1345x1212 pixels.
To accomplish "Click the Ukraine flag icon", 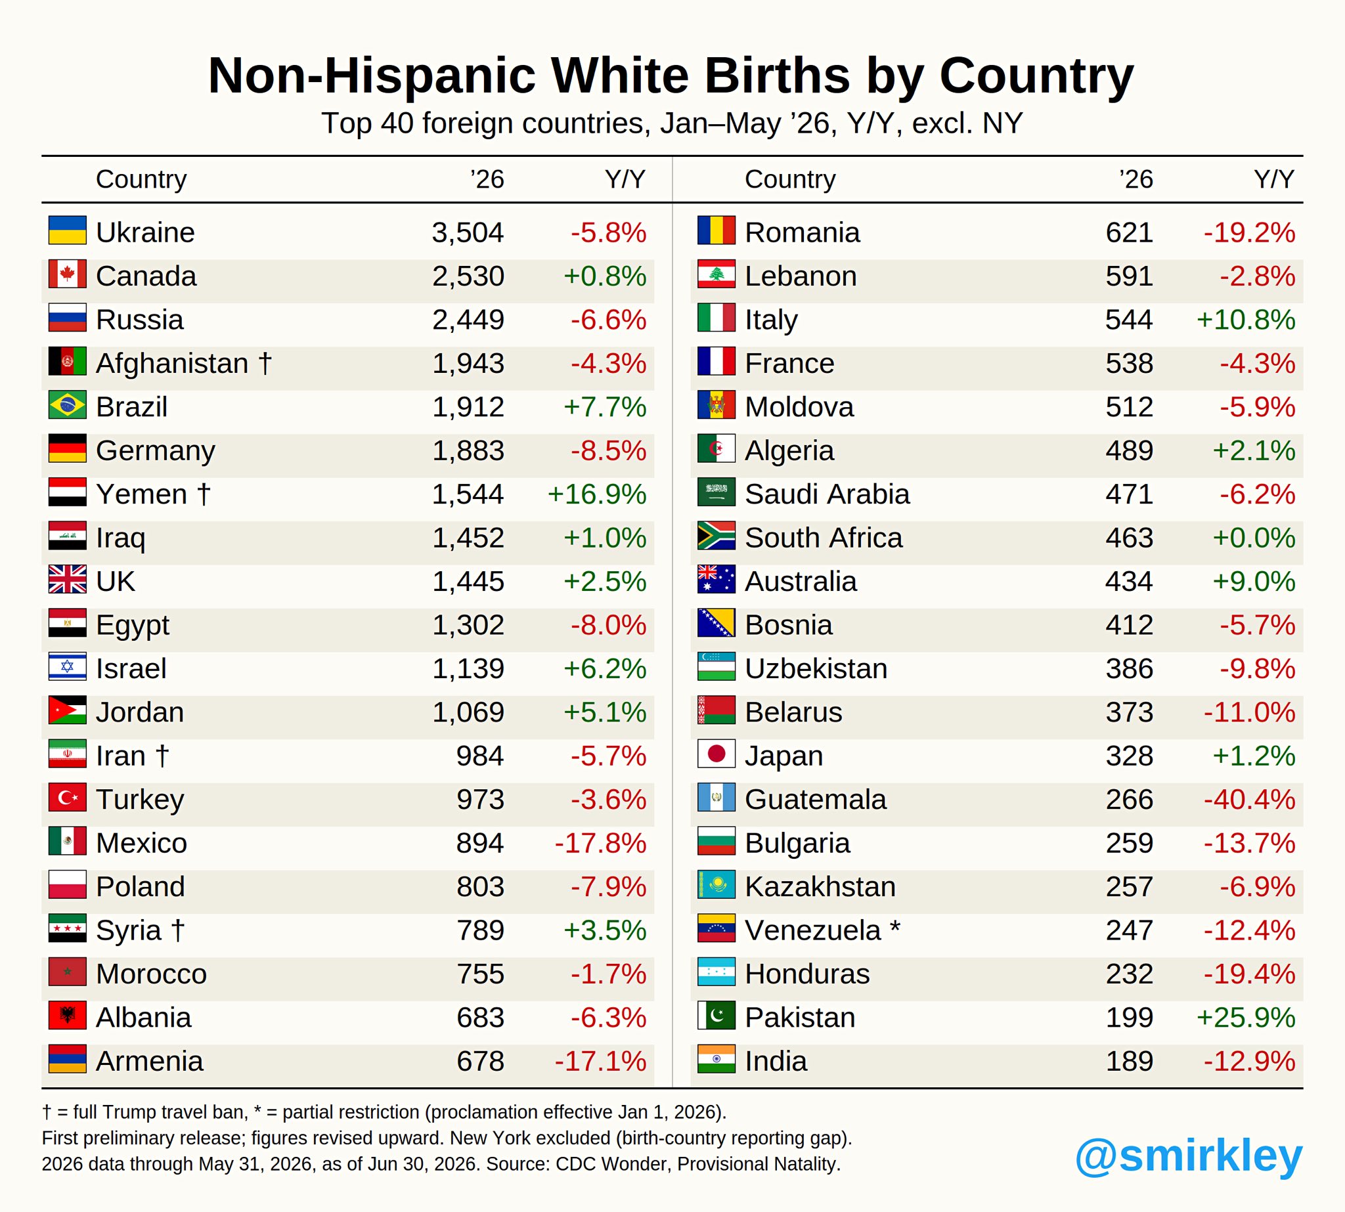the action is click(x=67, y=230).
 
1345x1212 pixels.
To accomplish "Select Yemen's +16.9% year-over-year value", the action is click(x=597, y=494).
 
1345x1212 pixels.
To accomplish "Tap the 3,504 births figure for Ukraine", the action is click(x=468, y=232).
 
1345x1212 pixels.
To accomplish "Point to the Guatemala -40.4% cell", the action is click(x=1250, y=799).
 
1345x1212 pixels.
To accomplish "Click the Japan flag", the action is click(x=716, y=754).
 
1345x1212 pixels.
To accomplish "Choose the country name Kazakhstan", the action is click(x=820, y=886).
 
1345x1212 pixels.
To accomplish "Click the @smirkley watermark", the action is click(x=1189, y=1156).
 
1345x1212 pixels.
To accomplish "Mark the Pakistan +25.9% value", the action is click(x=1246, y=1018).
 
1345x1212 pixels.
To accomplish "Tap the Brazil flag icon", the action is click(x=67, y=405).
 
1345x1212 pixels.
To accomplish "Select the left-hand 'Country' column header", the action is click(x=141, y=179).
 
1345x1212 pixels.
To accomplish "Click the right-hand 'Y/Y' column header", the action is click(x=1274, y=179).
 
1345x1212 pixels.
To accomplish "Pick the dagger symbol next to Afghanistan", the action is click(x=265, y=363).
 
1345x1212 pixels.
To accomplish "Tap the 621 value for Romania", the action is click(x=1129, y=232).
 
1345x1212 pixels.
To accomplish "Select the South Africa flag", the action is click(x=716, y=535).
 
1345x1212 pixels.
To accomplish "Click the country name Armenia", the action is click(x=149, y=1061).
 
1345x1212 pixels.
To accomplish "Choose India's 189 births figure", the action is click(x=1129, y=1061).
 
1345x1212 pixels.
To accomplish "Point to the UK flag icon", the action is click(x=67, y=579).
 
